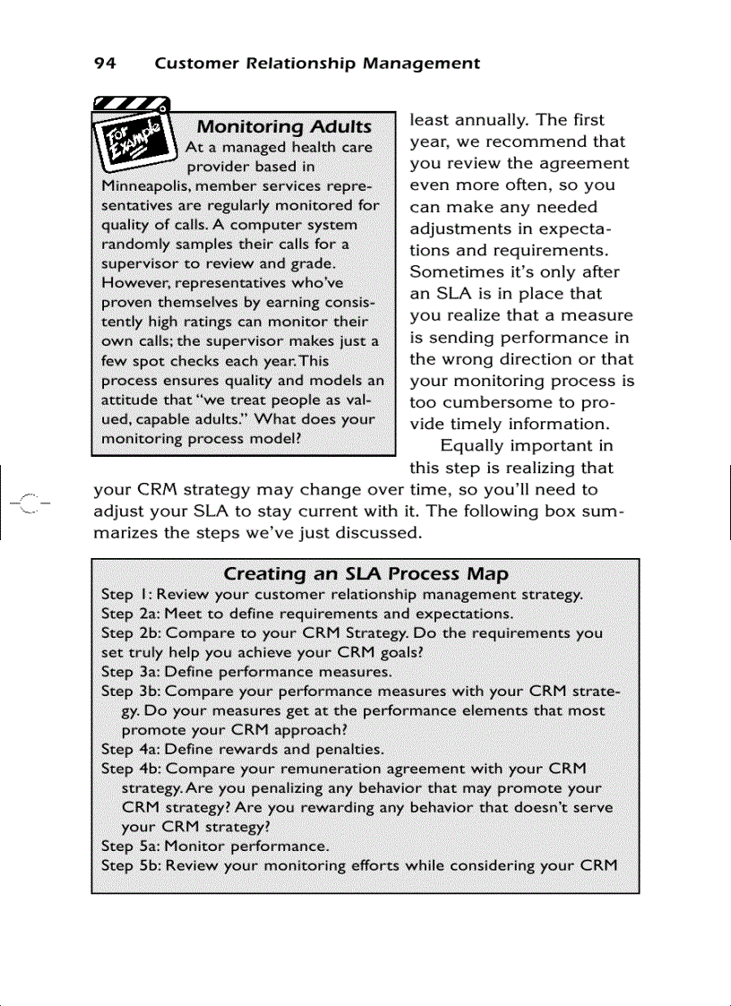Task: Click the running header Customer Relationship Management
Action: point(317,64)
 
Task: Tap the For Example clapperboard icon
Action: point(133,134)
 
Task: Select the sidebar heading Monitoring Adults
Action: point(283,126)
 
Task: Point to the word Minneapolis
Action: point(140,185)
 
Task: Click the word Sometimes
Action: point(454,272)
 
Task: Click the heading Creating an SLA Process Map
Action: point(365,573)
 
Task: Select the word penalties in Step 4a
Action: point(351,749)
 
